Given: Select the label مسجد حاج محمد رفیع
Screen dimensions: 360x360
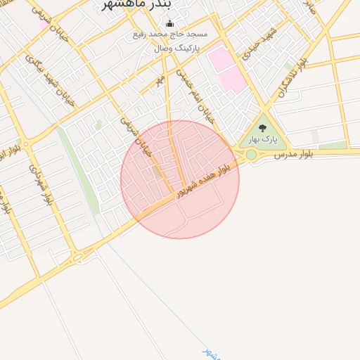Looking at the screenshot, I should (170, 34).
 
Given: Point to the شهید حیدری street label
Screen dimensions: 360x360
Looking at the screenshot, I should (259, 44).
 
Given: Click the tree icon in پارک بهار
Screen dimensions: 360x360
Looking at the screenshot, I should (263, 128).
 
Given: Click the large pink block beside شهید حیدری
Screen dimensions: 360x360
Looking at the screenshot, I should (226, 67).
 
